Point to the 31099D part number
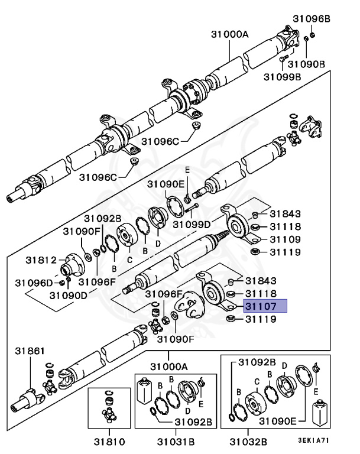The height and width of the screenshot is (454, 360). (x=191, y=224)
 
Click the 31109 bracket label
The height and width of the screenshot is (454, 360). (x=286, y=239)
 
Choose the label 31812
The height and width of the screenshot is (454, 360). (x=41, y=260)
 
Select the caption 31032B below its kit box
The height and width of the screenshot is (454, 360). (x=248, y=441)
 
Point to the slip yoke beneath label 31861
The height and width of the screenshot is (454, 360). (x=27, y=401)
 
